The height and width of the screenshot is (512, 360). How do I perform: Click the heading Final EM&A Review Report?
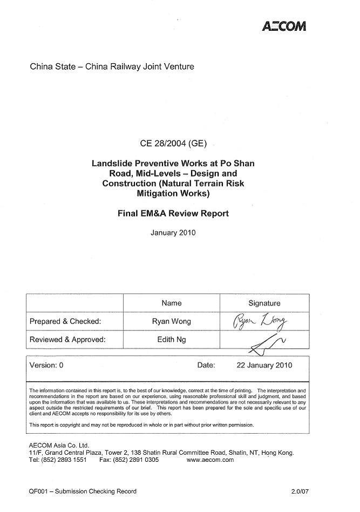tap(173, 213)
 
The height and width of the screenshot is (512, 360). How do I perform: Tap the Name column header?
tap(172, 303)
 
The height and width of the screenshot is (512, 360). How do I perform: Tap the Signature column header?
tap(264, 303)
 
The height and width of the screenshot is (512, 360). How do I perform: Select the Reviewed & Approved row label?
tap(67, 340)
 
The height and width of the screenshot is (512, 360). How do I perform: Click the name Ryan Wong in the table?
tap(172, 321)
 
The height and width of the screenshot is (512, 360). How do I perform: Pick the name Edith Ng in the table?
tap(172, 340)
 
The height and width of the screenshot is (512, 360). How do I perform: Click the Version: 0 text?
tap(46, 365)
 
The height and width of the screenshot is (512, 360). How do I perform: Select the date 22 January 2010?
tap(264, 365)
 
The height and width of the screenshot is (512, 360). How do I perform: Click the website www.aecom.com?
tap(210, 460)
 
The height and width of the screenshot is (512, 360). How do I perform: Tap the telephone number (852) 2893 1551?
tap(64, 460)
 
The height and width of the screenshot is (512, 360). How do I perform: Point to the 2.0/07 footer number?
tap(298, 491)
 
